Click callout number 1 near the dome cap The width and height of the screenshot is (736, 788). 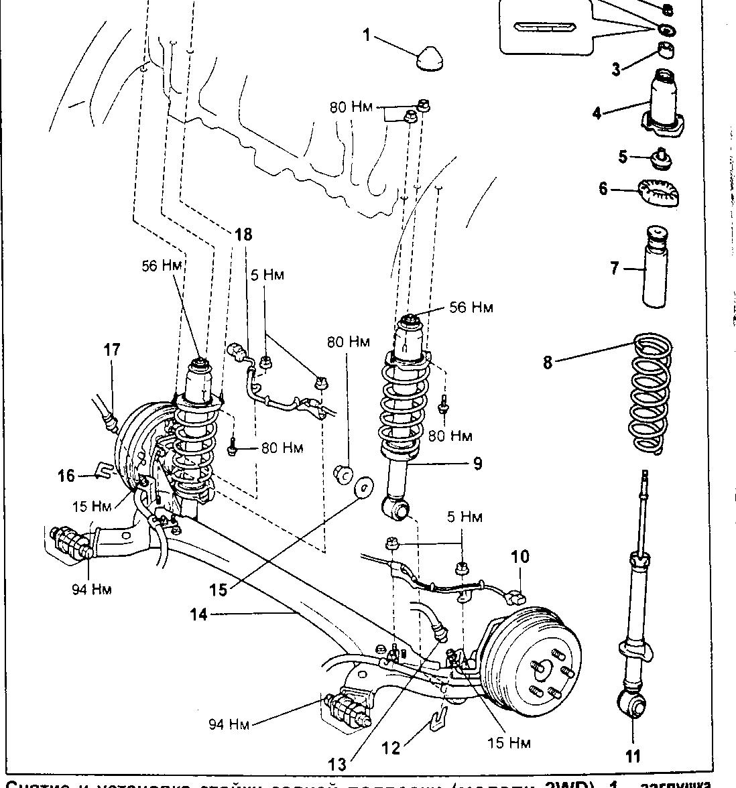point(367,34)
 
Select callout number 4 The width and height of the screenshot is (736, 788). point(597,112)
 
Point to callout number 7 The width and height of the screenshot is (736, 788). point(614,269)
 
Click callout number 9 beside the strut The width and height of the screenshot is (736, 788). point(477,463)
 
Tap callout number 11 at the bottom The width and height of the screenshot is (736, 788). point(633,757)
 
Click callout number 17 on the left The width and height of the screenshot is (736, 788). point(111,349)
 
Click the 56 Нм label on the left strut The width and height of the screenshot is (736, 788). point(162,266)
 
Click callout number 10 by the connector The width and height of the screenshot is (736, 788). point(520,556)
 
